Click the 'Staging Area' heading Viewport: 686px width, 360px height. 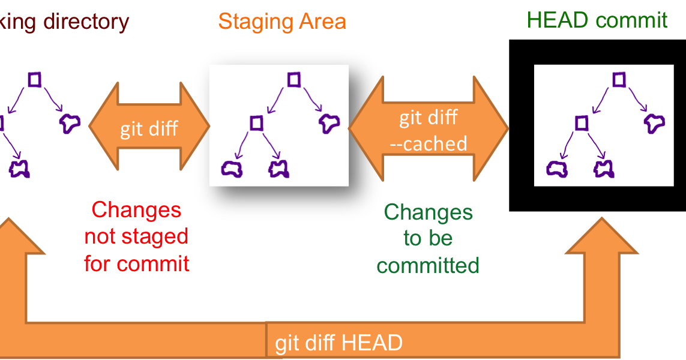[281, 22]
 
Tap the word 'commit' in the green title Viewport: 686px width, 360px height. [631, 20]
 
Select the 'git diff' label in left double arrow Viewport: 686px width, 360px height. [149, 128]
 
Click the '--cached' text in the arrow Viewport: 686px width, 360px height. [429, 143]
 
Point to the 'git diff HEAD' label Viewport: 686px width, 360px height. [338, 343]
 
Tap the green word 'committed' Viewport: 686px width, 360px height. [428, 265]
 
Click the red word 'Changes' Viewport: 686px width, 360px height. [136, 210]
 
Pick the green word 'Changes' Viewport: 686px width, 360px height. [428, 212]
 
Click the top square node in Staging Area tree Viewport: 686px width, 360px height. [293, 79]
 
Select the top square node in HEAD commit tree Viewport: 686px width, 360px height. [619, 79]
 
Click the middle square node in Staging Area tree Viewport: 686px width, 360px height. [256, 123]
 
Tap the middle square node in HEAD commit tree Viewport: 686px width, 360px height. [581, 123]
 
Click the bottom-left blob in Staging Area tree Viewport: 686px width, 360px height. [232, 169]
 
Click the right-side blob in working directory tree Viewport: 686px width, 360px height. [70, 123]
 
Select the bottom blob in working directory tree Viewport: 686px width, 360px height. [20, 169]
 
